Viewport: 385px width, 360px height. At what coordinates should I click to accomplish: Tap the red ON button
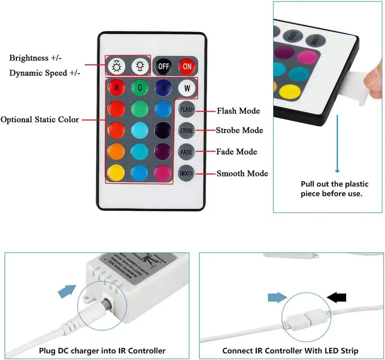tap(187, 66)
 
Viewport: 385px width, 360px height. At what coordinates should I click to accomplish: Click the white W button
tap(187, 88)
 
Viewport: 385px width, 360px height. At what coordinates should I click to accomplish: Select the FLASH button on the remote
tap(186, 109)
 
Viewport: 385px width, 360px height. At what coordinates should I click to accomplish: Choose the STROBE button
tap(186, 130)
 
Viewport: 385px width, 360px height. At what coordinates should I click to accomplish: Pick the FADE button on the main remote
tap(186, 152)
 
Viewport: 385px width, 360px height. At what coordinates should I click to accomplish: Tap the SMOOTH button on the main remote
tap(186, 174)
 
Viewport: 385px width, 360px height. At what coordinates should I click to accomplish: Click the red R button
tap(116, 88)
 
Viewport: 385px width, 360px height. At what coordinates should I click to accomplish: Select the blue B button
tap(163, 88)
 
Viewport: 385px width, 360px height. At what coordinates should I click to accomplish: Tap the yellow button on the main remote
tap(116, 172)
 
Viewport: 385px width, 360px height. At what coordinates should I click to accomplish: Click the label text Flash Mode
tap(238, 111)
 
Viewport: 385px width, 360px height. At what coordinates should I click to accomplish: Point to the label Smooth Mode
tap(242, 174)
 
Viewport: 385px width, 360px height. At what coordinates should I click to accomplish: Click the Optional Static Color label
tap(40, 119)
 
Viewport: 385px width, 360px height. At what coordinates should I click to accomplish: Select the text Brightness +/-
tap(35, 58)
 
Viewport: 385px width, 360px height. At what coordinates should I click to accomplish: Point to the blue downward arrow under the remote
tap(337, 144)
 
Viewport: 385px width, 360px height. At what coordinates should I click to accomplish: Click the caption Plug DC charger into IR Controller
tap(102, 351)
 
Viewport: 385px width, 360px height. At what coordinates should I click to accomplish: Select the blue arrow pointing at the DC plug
tap(67, 291)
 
